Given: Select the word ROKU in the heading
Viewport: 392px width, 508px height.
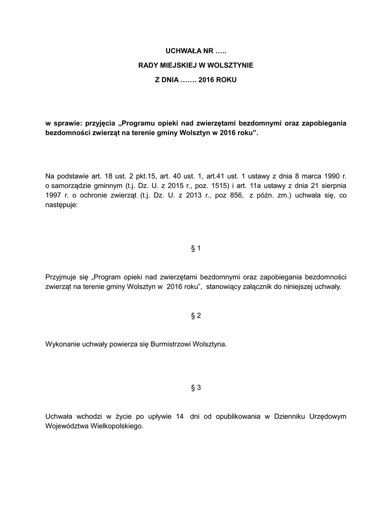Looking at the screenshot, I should [226, 79].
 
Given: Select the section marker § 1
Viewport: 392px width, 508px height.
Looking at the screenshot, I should [196, 248].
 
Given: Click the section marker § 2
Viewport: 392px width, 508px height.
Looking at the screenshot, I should [196, 316].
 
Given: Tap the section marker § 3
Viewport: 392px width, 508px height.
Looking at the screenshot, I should [196, 387].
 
